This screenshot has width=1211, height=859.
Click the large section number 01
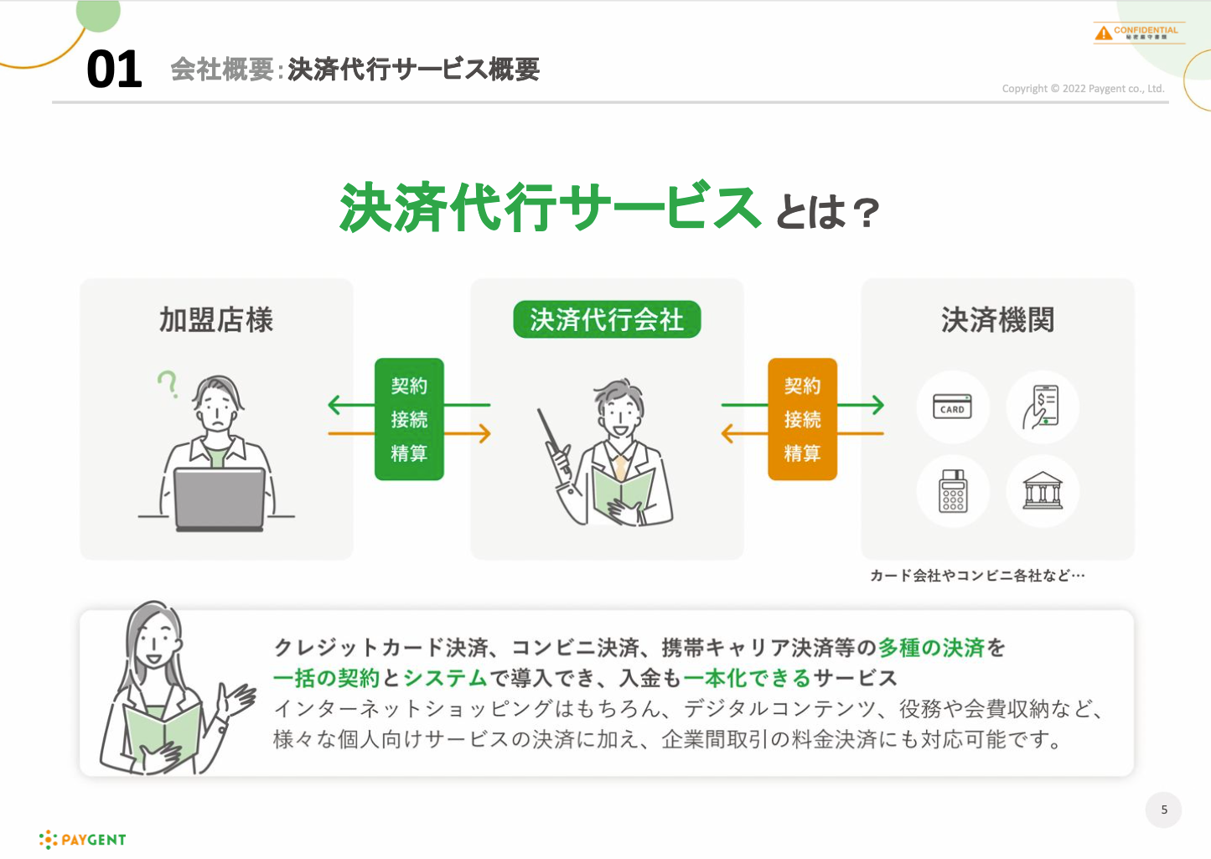pyautogui.click(x=114, y=70)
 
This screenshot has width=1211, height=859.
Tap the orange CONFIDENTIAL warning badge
pyautogui.click(x=1138, y=33)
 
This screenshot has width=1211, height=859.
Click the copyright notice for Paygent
pyautogui.click(x=1083, y=89)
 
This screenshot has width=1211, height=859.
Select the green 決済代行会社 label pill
pyautogui.click(x=607, y=319)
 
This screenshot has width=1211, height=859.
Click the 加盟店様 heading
pyautogui.click(x=216, y=320)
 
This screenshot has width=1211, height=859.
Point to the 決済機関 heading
pyautogui.click(x=997, y=320)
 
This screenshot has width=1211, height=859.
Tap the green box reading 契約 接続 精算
pyautogui.click(x=409, y=419)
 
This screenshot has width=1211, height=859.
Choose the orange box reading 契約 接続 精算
pyautogui.click(x=802, y=419)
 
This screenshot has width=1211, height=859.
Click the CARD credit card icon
pyautogui.click(x=953, y=407)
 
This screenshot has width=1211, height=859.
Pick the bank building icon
pyautogui.click(x=1043, y=490)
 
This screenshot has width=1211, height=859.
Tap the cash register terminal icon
pyautogui.click(x=953, y=490)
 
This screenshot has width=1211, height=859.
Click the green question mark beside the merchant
pyautogui.click(x=168, y=383)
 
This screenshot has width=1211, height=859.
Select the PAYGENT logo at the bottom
pyautogui.click(x=83, y=839)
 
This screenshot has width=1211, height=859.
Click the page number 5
pyautogui.click(x=1163, y=810)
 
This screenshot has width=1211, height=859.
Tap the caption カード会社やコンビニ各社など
pyautogui.click(x=977, y=576)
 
